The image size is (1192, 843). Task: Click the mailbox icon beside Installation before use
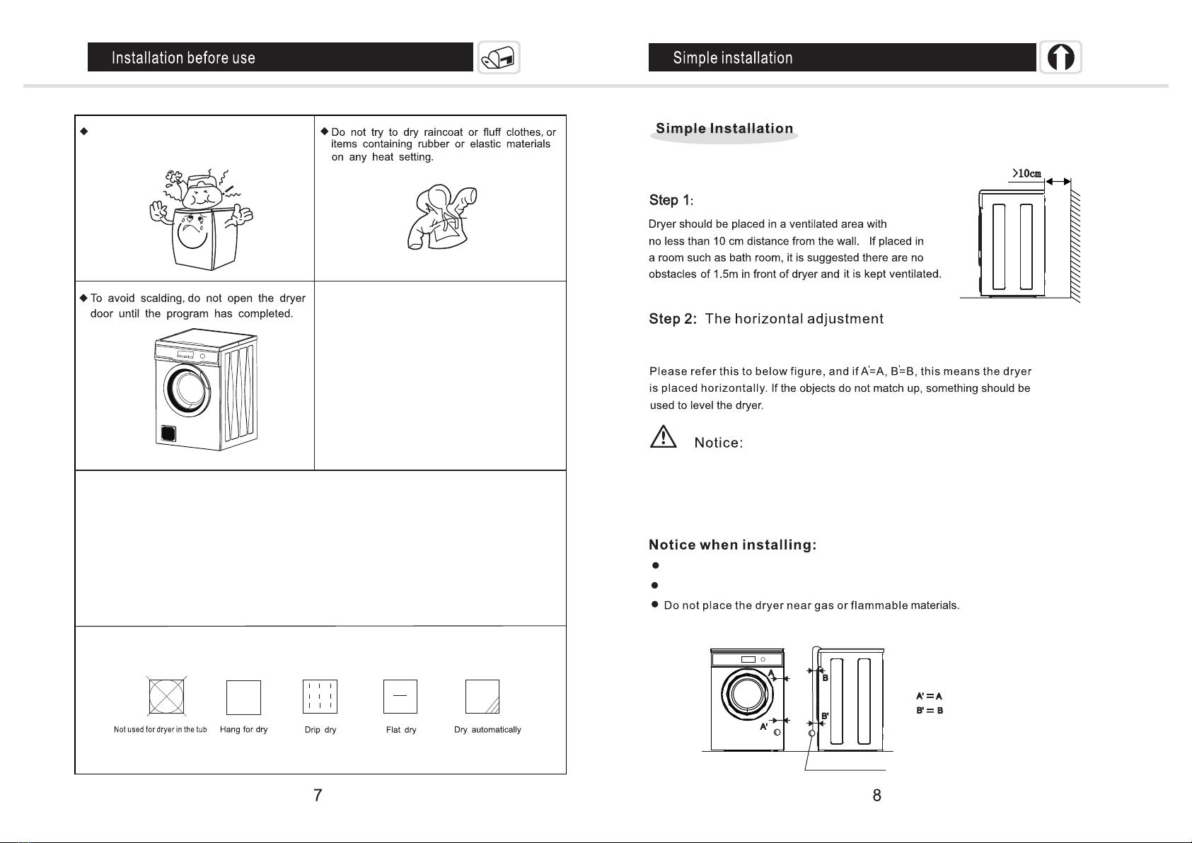(499, 57)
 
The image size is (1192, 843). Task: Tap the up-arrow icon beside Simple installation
(1060, 57)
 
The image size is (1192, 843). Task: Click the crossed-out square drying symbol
(167, 697)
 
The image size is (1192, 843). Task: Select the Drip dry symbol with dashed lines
(320, 697)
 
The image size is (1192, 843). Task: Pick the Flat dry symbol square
(400, 697)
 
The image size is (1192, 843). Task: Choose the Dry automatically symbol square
(482, 697)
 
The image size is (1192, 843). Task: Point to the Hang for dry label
(243, 730)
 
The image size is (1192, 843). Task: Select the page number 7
(318, 796)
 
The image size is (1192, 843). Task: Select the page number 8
(876, 796)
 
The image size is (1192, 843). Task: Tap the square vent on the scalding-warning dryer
(167, 432)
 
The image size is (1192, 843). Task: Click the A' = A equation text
(929, 697)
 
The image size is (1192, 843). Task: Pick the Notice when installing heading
(733, 545)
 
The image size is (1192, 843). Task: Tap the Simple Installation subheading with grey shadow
(724, 129)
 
